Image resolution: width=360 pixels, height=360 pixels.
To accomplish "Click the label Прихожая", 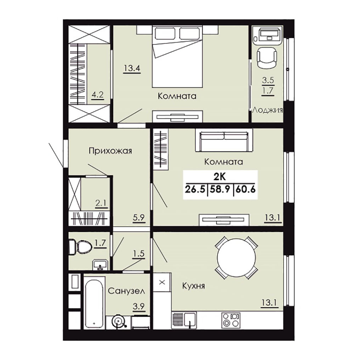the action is tap(111, 151).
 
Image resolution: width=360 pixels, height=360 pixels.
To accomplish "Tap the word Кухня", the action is tap(193, 286).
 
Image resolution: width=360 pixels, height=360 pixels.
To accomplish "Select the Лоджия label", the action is tap(268, 111).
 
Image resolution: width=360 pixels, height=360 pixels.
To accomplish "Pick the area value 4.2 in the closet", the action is tap(97, 95).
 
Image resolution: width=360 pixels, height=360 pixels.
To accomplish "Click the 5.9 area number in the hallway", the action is tap(139, 217).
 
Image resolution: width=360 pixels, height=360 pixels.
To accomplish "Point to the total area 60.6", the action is tap(245, 190).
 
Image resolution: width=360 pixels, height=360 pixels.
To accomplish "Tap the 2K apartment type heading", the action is tap(220, 177).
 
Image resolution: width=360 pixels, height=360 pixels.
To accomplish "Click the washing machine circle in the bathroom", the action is tap(118, 322).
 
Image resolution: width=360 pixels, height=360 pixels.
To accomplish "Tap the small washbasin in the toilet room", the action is tap(100, 265).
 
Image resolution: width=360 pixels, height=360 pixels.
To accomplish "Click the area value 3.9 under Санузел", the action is tap(139, 306).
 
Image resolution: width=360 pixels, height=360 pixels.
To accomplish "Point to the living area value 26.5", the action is tap(195, 190).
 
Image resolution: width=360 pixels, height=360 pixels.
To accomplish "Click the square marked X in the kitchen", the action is tap(162, 282).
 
